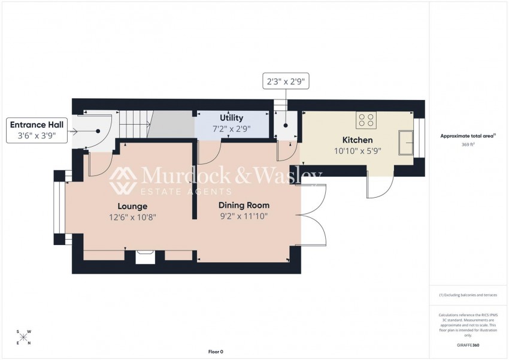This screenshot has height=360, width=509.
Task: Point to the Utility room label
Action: [231, 118]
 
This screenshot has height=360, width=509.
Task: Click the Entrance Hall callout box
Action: [37, 131]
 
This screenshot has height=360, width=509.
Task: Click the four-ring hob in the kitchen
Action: [366, 120]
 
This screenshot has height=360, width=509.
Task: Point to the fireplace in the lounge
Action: [146, 256]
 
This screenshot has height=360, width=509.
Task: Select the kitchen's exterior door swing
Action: [379, 187]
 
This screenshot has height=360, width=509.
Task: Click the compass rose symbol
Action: [23, 337]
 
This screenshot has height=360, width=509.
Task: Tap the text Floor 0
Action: [215, 352]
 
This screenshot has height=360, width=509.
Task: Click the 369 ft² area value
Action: [468, 145]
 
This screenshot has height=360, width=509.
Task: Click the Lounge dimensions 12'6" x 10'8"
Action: [133, 217]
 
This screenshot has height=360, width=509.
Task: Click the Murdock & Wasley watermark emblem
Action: [123, 180]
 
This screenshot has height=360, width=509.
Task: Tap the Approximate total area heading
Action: [468, 136]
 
